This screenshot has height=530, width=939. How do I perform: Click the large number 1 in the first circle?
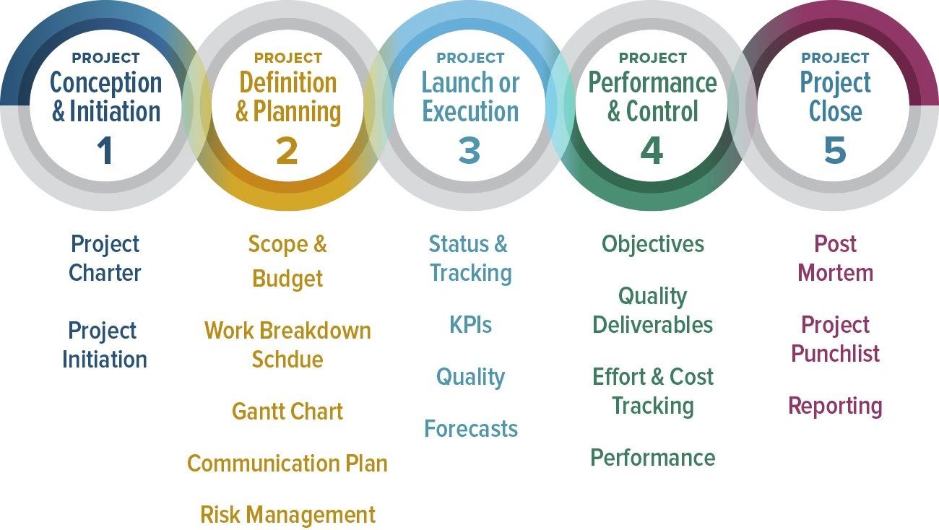click(x=105, y=151)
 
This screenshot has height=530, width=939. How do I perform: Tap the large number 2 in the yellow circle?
click(x=287, y=151)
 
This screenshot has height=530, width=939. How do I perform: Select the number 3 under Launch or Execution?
click(x=469, y=151)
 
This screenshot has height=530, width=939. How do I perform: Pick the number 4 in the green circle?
click(x=652, y=151)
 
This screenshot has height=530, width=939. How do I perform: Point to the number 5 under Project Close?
click(x=834, y=151)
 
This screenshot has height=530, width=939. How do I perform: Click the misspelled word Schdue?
click(x=287, y=360)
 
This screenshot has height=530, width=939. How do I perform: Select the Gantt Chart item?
click(x=287, y=412)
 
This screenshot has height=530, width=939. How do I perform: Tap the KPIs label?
click(x=470, y=325)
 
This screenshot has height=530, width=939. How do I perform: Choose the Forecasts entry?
click(x=471, y=429)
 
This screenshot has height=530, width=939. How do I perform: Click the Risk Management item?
click(x=287, y=515)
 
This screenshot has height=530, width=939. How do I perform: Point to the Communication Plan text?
click(x=287, y=464)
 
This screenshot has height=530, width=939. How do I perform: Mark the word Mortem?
click(x=835, y=273)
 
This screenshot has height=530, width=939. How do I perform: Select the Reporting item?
click(x=835, y=406)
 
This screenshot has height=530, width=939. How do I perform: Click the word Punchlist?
click(x=835, y=354)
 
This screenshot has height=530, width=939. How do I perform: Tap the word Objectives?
click(x=653, y=244)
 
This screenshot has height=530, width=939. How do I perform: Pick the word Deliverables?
click(x=653, y=325)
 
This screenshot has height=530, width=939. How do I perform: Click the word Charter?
click(x=105, y=273)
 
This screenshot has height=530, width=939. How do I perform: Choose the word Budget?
click(x=287, y=279)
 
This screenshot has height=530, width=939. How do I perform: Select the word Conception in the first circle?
click(x=105, y=83)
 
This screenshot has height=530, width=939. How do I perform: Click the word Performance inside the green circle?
click(x=653, y=83)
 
